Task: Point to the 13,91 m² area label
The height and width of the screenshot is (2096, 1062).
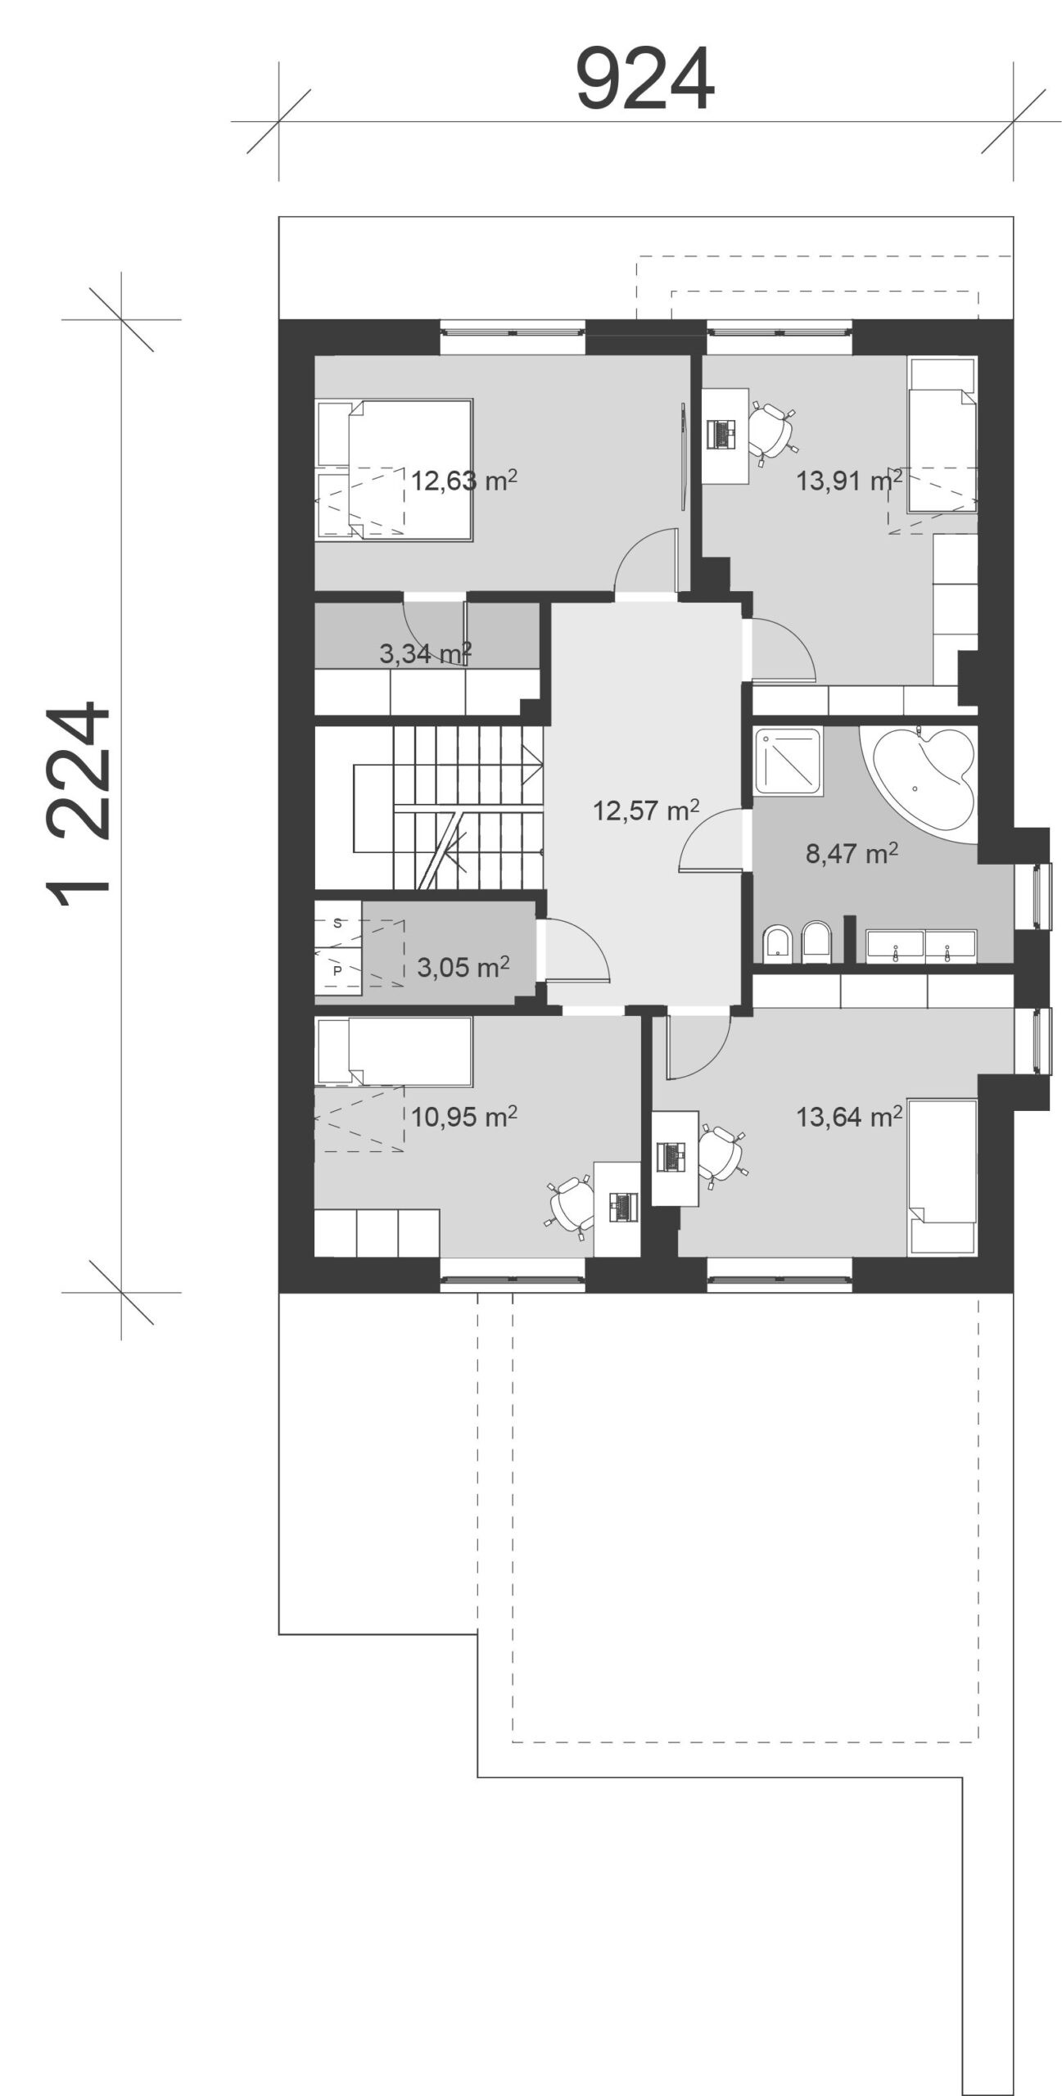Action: (x=849, y=480)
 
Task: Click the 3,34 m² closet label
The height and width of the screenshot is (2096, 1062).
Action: (x=425, y=653)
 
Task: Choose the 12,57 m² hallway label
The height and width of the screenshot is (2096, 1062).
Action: (x=646, y=810)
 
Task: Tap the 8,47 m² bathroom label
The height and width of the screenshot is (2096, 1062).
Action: (x=852, y=853)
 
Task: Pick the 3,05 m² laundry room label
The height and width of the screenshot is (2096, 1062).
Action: (x=463, y=967)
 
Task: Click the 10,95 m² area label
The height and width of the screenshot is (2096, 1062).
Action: (x=463, y=1116)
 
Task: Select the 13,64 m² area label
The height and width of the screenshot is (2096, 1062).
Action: (x=849, y=1116)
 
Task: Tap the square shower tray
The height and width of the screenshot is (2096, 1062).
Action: (x=788, y=760)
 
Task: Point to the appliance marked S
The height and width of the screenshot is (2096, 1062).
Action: (x=337, y=923)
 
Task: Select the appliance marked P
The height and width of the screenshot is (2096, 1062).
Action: (x=337, y=971)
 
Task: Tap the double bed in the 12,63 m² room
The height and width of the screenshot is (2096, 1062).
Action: (x=394, y=469)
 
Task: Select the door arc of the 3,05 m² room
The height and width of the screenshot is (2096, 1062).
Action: (x=578, y=950)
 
